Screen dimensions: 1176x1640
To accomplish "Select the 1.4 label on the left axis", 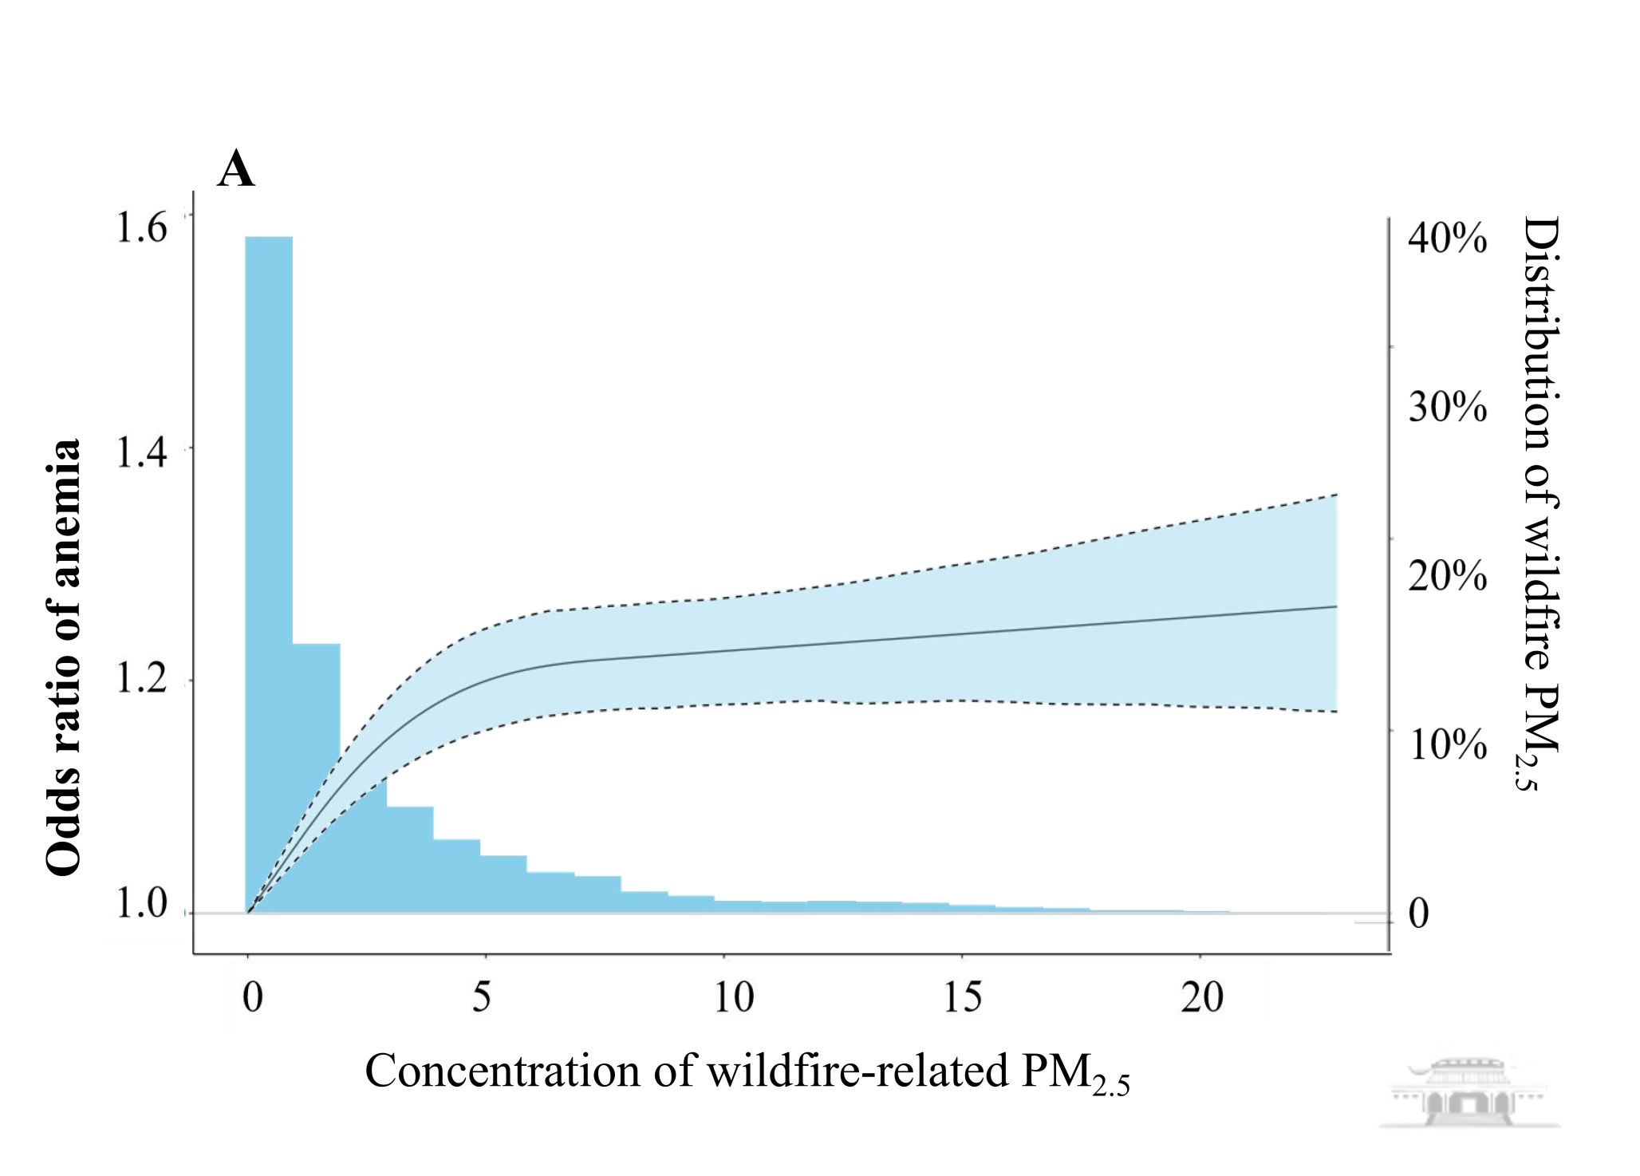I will point(142,452).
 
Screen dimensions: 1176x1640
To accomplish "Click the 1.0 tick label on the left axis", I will point(142,904).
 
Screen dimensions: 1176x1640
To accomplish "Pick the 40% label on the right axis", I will point(1447,238).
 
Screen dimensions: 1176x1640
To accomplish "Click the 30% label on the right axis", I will point(1447,407).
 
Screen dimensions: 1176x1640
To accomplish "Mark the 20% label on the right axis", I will point(1447,576).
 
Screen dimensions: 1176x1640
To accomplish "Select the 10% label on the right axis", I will point(1447,744).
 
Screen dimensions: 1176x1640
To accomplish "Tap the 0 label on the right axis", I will point(1418,914).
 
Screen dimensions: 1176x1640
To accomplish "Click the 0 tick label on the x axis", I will point(252,997).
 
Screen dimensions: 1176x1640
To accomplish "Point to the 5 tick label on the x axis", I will point(482,997).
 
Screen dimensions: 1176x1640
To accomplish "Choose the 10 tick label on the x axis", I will point(733,997).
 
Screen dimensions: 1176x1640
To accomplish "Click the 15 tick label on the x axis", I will point(963,997).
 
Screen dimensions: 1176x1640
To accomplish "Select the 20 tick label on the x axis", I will point(1201,997).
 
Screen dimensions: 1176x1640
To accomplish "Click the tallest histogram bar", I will point(269,558).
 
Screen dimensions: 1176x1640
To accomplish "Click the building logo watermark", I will point(1469,1093).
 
